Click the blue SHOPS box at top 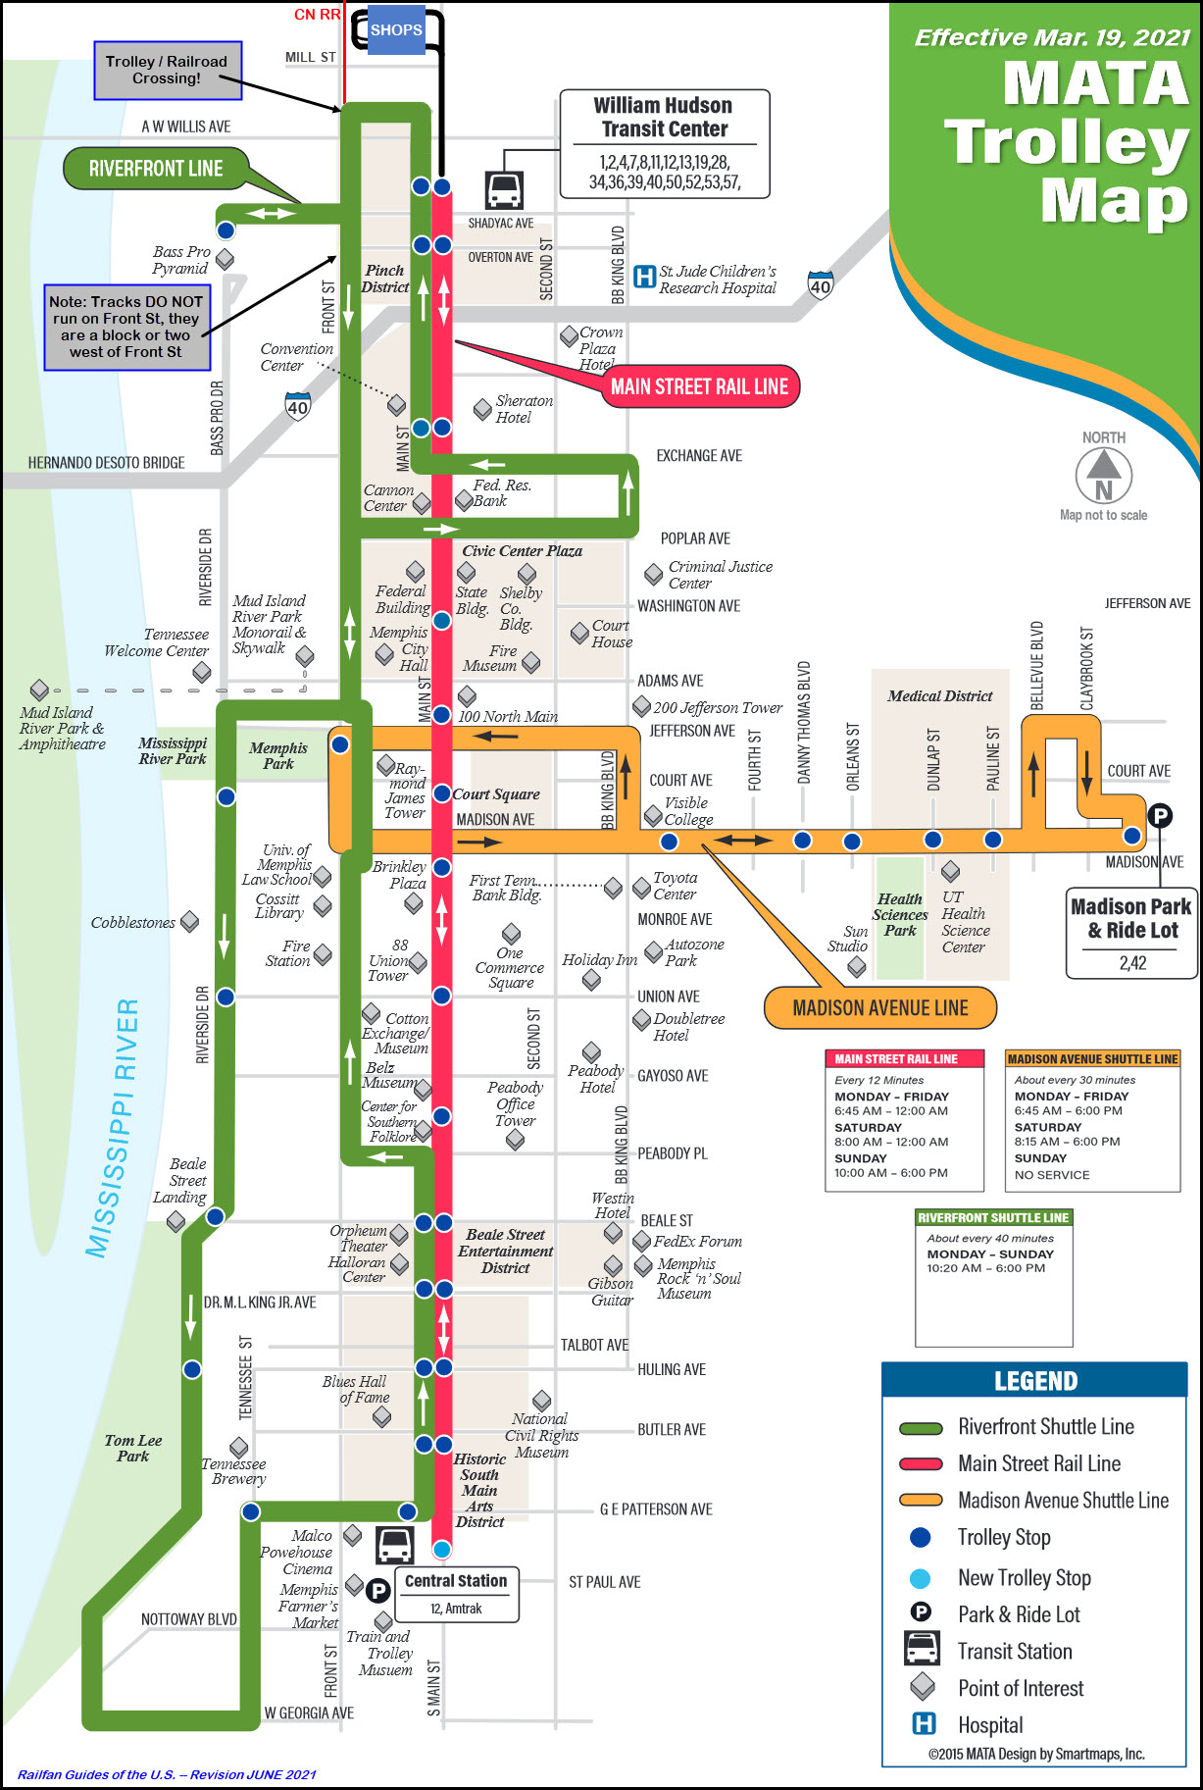(396, 30)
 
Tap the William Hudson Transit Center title (664, 118)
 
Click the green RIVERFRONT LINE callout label (156, 169)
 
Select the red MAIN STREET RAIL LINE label (699, 386)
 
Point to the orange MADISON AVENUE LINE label (879, 1008)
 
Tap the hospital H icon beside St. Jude (644, 278)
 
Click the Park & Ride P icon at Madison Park (1159, 815)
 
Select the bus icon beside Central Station (395, 1546)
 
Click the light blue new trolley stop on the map (442, 1549)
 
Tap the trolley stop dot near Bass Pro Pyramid (226, 230)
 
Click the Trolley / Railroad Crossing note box (167, 70)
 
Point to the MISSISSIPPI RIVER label (114, 1128)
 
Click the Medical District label (939, 695)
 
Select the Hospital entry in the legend (989, 1724)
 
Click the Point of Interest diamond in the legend (922, 1687)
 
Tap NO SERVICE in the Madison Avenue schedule (1052, 1174)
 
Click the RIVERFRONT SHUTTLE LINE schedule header (993, 1217)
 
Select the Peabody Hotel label (595, 1079)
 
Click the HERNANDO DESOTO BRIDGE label (106, 462)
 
